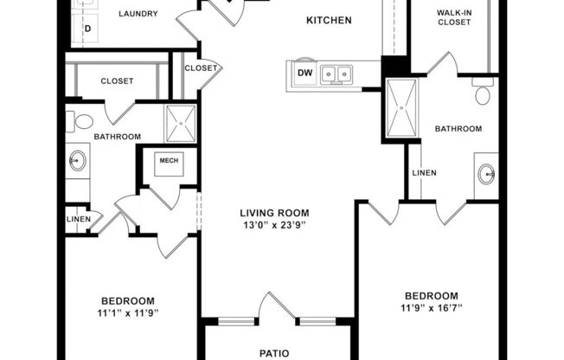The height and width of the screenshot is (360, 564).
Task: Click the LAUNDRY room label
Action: [x=138, y=14]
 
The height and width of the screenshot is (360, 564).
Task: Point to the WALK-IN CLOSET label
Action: [x=453, y=16]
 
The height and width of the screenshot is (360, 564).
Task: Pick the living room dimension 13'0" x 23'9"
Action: [x=274, y=226]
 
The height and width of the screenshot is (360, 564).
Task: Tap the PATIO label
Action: [x=279, y=353]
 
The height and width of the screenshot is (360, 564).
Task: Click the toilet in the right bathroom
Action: [x=483, y=93]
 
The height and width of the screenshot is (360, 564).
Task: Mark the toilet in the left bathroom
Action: [x=83, y=120]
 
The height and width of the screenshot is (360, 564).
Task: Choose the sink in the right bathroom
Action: [x=485, y=171]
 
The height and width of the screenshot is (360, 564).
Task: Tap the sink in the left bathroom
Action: [x=78, y=161]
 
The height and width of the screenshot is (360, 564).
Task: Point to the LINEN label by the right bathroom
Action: [x=424, y=172]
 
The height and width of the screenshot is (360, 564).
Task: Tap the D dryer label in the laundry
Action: [x=87, y=29]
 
